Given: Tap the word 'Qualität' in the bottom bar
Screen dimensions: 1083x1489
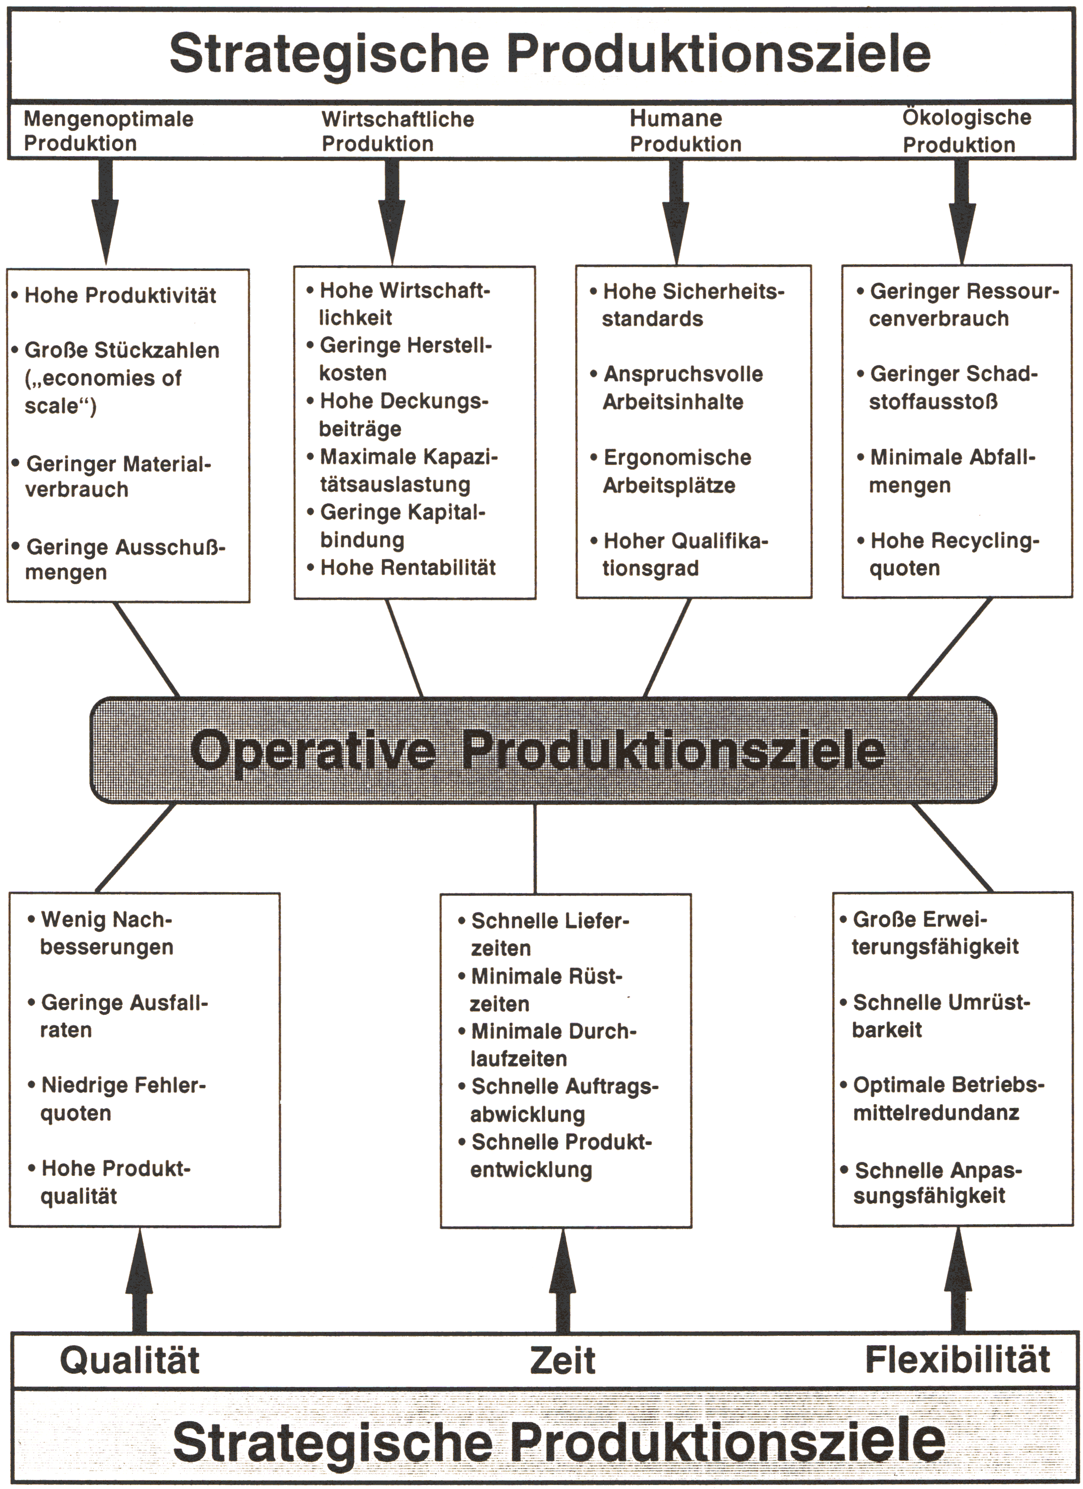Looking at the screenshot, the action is click(130, 1360).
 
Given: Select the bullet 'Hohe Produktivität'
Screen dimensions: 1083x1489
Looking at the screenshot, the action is click(114, 295).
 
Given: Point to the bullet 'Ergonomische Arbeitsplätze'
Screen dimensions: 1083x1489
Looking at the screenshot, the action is click(671, 471).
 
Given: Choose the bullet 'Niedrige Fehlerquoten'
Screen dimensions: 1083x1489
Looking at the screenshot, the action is click(117, 1099).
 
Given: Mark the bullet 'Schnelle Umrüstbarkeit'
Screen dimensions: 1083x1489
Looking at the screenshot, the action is click(935, 1016).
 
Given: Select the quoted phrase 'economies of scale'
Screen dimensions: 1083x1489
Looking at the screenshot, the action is click(103, 392).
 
